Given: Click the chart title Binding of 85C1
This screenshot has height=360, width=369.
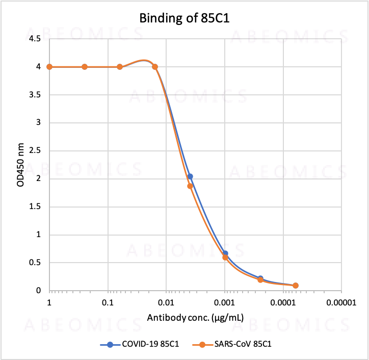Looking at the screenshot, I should point(184,19).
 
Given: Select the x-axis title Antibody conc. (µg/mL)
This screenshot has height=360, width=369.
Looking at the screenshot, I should point(195,318).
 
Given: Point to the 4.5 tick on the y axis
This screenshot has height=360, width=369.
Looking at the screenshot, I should point(36,39).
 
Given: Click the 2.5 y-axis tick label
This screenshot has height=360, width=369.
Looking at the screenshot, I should point(36,151).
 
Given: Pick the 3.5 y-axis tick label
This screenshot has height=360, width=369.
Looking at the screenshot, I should point(36,95).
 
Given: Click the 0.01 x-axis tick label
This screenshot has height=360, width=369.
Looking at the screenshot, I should point(166,302).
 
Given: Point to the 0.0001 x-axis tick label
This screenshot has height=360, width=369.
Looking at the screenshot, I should point(282,302).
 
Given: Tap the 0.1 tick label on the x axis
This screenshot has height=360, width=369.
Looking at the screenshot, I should point(108,302).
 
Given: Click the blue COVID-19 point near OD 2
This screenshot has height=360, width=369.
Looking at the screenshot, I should point(190,176).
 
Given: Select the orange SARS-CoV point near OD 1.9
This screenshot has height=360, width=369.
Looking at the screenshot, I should point(190,186).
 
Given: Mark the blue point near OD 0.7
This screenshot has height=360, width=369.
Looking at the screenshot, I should point(225,253).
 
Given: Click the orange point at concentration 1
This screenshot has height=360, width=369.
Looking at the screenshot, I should point(49,67).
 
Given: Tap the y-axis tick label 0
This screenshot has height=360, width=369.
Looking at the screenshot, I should point(39,291).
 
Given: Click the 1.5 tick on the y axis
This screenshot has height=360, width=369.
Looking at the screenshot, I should point(36,207).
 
